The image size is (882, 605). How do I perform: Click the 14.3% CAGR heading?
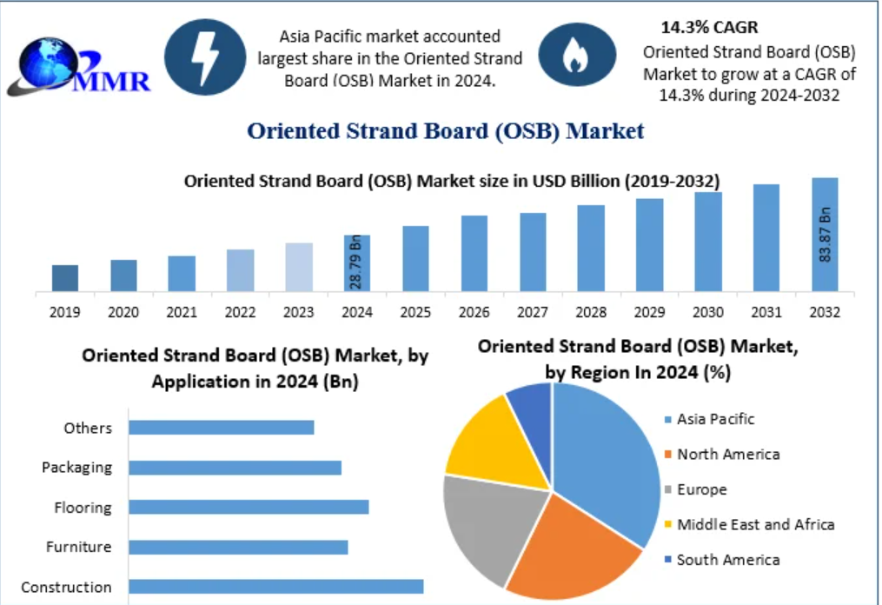708,27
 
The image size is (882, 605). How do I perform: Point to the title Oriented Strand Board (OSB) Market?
446,131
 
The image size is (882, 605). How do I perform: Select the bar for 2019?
64,278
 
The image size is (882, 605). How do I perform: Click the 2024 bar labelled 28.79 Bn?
357,263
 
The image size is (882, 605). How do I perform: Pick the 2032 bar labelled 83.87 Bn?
825,235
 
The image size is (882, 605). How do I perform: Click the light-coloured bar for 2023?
299,267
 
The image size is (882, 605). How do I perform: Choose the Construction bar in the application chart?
275,587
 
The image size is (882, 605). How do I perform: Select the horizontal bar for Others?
221,427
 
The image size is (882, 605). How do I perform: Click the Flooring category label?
83,508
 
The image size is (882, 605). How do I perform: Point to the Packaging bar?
235,468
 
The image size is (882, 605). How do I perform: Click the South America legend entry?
727,560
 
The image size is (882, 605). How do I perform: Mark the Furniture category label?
79,547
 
